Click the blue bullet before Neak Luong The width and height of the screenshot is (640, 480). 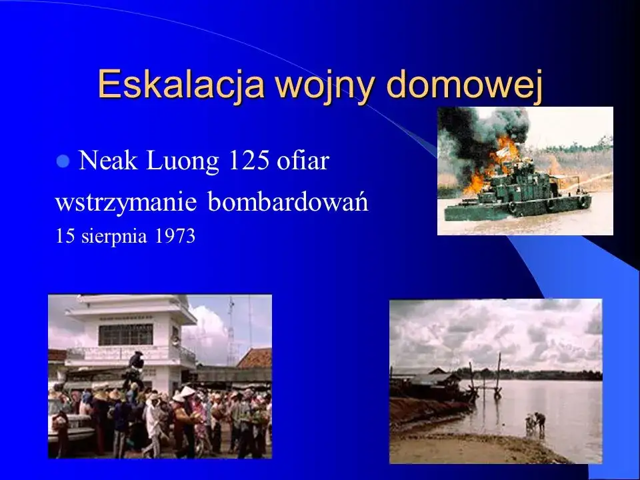64,161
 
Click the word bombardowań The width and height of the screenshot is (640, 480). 288,203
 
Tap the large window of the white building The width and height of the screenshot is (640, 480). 125,334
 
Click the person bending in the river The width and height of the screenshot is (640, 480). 537,421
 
